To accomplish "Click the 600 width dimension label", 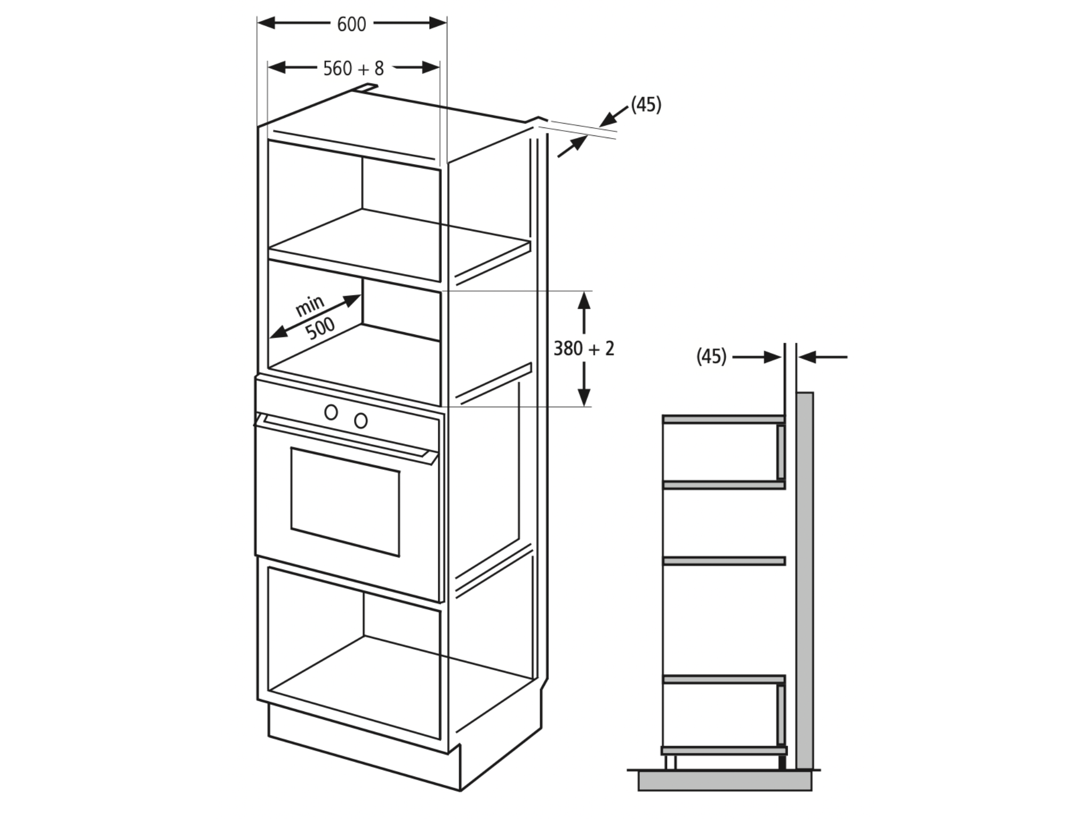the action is tap(352, 24).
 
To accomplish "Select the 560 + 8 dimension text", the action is tap(354, 68).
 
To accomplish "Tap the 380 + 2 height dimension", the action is tap(584, 349).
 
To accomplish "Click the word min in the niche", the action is tap(310, 306).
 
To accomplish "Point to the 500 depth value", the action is tap(320, 328).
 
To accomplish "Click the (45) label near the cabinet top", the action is tap(646, 105).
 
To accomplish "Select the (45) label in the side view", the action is tap(711, 356).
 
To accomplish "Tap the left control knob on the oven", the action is tap(331, 412).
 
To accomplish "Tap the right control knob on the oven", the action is tap(361, 421).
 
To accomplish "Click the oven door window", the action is tap(346, 502).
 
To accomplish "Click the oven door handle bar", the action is tap(347, 436).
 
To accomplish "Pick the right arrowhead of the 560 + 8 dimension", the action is tap(431, 67).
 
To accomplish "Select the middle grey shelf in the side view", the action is tap(724, 561).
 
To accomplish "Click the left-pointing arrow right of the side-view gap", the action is tap(823, 357).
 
